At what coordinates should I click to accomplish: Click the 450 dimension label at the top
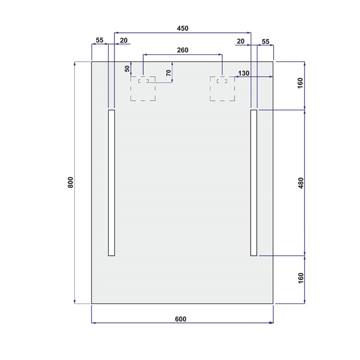tap(183, 28)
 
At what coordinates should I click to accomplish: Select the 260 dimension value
tap(183, 50)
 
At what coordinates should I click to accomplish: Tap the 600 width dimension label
tap(181, 319)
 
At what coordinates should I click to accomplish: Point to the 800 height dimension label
tap(71, 182)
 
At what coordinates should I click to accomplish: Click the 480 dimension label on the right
tap(301, 183)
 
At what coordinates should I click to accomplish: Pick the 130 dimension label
tap(243, 73)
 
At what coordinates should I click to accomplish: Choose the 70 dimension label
tap(168, 73)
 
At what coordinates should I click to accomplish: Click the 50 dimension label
tap(127, 69)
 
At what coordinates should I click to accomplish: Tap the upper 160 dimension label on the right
tap(300, 83)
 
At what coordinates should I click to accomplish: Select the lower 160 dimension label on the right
tap(301, 278)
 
